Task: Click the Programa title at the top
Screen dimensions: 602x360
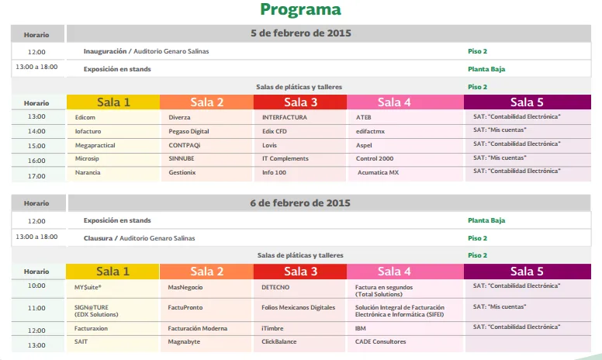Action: [x=300, y=10]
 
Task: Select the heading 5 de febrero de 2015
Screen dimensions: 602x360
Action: [x=301, y=33]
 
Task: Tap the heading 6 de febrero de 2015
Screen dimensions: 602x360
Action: [x=301, y=202]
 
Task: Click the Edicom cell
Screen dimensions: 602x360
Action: [x=85, y=117]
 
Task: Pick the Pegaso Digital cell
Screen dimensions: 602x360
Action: [x=189, y=131]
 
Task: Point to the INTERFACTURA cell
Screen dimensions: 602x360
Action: [x=285, y=117]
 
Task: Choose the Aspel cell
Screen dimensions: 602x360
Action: [x=364, y=145]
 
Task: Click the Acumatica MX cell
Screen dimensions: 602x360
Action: [x=378, y=172]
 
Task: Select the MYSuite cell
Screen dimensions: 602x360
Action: [x=88, y=286]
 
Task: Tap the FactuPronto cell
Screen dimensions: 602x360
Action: [x=185, y=307]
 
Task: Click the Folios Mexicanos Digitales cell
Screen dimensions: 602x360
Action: [x=299, y=307]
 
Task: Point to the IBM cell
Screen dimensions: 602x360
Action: [x=361, y=328]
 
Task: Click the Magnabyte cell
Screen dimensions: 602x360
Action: [x=184, y=341]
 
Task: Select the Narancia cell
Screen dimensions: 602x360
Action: [x=88, y=172]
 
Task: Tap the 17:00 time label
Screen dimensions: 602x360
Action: [x=36, y=176]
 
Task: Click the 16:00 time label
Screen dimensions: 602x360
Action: [x=36, y=161]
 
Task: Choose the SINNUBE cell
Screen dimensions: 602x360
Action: [x=182, y=158]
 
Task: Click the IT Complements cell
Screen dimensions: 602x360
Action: [x=285, y=158]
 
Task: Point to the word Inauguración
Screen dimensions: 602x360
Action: [x=105, y=51]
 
